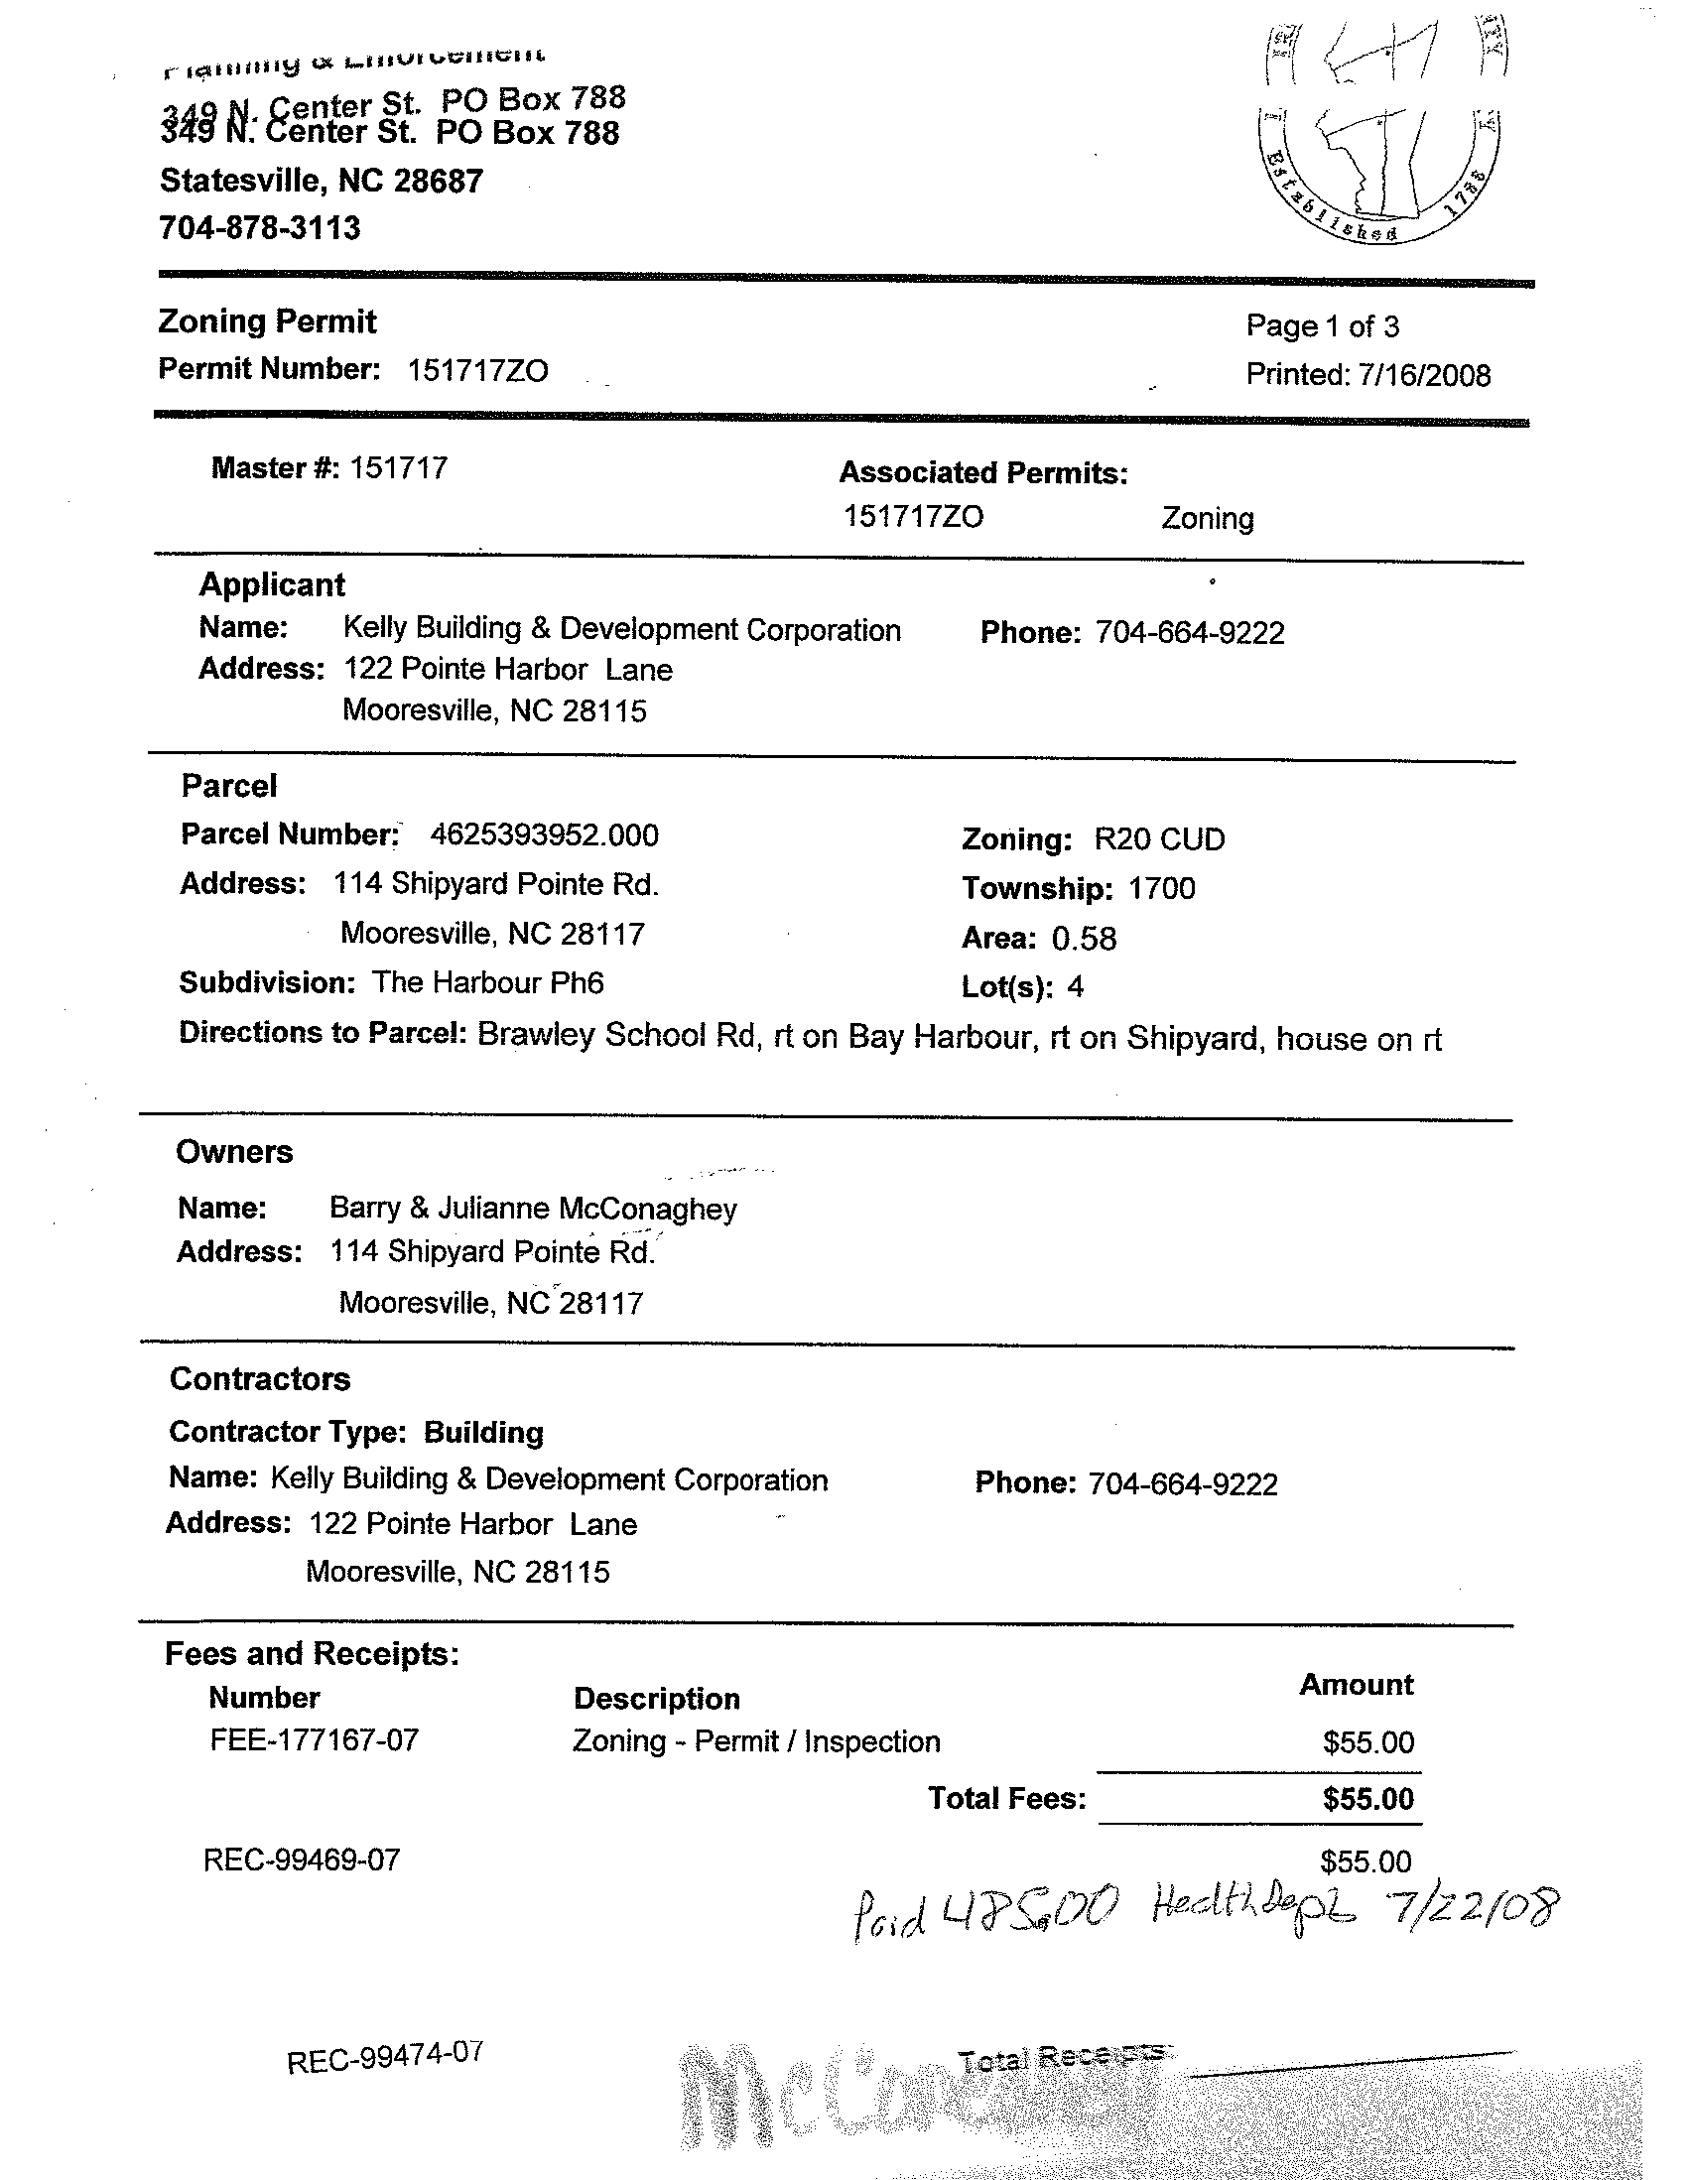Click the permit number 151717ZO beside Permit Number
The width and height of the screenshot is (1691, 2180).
pyautogui.click(x=477, y=371)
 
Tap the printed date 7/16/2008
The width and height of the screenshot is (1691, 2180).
pyautogui.click(x=1423, y=375)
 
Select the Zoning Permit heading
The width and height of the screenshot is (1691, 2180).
pyautogui.click(x=268, y=321)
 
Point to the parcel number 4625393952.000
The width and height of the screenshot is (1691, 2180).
pyautogui.click(x=544, y=835)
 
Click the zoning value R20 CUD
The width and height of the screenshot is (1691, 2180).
pyautogui.click(x=1159, y=839)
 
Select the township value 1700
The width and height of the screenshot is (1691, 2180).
pyautogui.click(x=1162, y=888)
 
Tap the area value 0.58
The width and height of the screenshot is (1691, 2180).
pyautogui.click(x=1084, y=939)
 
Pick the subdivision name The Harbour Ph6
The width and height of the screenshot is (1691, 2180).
pyautogui.click(x=488, y=983)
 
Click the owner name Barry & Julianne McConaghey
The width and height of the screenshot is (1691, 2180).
pyautogui.click(x=533, y=1209)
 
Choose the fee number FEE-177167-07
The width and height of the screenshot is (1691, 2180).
pyautogui.click(x=315, y=1740)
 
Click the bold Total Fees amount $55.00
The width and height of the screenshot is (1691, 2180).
pyautogui.click(x=1367, y=1799)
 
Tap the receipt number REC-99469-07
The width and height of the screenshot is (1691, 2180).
pyautogui.click(x=302, y=1859)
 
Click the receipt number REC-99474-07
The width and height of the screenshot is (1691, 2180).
pyautogui.click(x=385, y=2057)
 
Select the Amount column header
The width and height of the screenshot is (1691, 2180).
pyautogui.click(x=1356, y=1685)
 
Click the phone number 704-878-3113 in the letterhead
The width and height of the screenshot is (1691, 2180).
pyautogui.click(x=260, y=228)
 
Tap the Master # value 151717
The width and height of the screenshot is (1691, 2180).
pyautogui.click(x=398, y=468)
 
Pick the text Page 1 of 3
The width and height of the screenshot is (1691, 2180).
pyautogui.click(x=1323, y=326)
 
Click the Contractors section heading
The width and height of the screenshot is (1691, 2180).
pyautogui.click(x=261, y=1379)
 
